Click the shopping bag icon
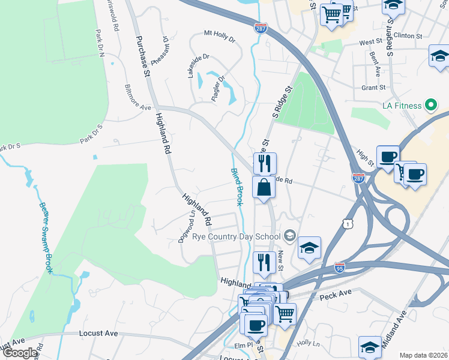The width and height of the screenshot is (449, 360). tap(264, 188)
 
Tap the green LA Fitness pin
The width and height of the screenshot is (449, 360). tap(430, 106)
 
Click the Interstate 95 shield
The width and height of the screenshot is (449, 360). tap(340, 266)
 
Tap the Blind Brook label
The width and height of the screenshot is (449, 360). tap(237, 187)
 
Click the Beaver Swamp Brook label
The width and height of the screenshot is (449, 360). tap(46, 238)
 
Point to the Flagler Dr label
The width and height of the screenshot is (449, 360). tap(218, 88)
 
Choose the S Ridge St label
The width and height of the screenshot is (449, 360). tap(282, 101)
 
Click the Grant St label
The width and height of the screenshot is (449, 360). tap(373, 88)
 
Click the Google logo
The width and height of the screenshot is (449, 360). tap(19, 353)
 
